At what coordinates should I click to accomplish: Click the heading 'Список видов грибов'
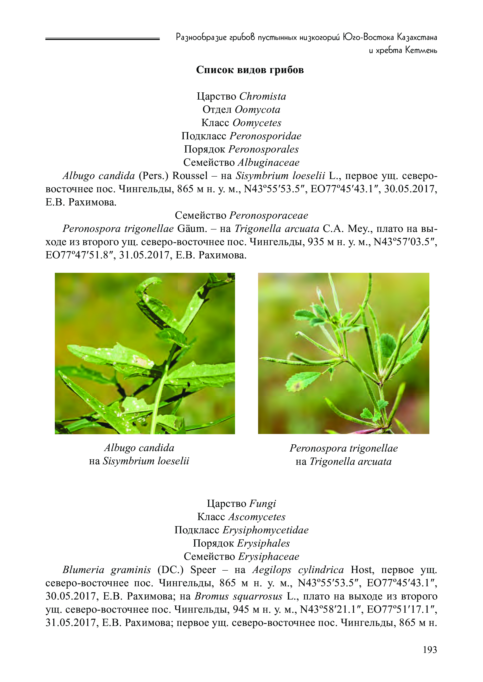click(x=250, y=70)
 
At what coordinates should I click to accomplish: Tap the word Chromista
click(x=263, y=96)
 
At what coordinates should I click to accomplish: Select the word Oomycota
click(x=257, y=110)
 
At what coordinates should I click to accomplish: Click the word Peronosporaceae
click(x=269, y=215)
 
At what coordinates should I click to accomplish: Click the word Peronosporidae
click(x=265, y=136)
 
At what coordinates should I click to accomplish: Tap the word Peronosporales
click(x=263, y=149)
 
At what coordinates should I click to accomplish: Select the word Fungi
click(x=263, y=504)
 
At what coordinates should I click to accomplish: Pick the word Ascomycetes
click(x=257, y=517)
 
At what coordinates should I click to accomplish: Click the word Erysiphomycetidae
click(x=266, y=530)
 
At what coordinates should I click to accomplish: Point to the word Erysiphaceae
click(x=269, y=556)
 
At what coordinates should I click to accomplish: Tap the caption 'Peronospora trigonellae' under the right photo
click(x=343, y=448)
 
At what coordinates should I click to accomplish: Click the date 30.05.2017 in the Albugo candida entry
click(x=410, y=189)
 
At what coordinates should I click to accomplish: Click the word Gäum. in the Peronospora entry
click(x=192, y=229)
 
